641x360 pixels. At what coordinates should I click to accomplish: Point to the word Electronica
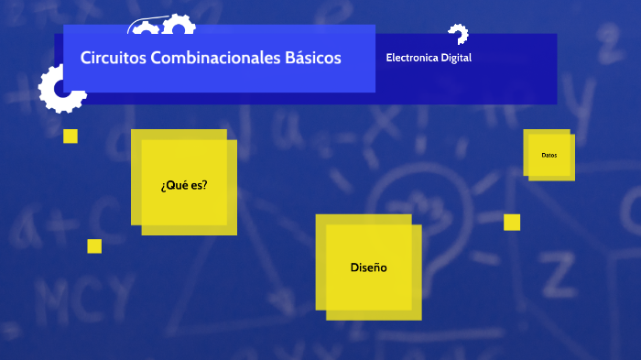point(412,58)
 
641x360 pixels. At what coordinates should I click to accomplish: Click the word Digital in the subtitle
point(456,58)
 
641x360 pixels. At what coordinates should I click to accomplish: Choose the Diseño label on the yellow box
point(368,267)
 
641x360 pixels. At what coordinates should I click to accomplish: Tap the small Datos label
point(549,155)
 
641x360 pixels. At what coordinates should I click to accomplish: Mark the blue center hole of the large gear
point(63,90)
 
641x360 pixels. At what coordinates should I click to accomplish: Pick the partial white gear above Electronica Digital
point(458,34)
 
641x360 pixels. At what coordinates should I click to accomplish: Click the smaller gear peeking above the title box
point(144,28)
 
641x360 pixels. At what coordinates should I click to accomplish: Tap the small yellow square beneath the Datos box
point(512,222)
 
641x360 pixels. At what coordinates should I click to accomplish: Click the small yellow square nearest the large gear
point(71,136)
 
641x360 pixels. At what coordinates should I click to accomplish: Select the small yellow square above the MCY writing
point(94,245)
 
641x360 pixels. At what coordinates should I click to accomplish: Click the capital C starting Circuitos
point(85,58)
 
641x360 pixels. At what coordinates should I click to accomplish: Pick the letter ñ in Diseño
point(375,267)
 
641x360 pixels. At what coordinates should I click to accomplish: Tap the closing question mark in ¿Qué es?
point(204,184)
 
